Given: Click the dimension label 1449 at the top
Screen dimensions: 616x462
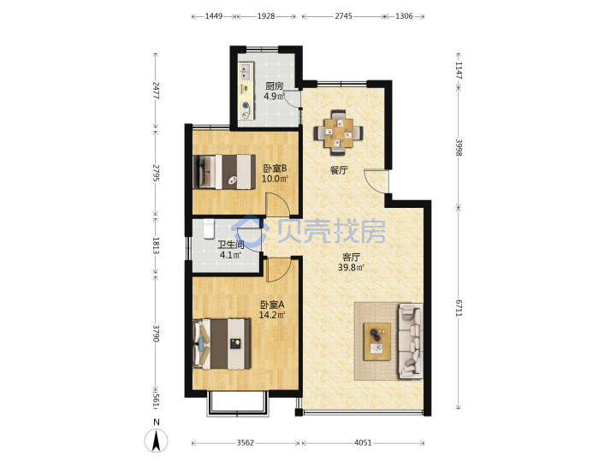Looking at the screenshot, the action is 214,16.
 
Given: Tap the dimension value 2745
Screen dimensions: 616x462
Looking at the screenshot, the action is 343,16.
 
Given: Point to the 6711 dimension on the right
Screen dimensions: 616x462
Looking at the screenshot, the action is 459,308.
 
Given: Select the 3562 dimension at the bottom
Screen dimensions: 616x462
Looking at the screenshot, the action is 246,443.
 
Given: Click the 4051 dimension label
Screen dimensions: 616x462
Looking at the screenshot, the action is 363,443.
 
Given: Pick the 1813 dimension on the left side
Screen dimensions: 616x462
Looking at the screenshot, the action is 156,246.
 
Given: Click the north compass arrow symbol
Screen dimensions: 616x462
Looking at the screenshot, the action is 156,441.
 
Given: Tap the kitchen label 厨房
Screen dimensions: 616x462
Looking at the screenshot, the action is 275,86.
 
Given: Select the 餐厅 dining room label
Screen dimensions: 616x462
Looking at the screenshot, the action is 339,170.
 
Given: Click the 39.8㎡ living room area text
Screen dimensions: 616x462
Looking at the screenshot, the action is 352,268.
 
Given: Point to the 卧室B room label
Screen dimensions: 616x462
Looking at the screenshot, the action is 275,169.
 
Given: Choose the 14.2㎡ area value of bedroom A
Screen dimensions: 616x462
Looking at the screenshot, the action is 272,315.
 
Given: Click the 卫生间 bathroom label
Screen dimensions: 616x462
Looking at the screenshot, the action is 231,245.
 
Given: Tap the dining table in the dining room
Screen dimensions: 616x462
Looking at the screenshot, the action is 338,133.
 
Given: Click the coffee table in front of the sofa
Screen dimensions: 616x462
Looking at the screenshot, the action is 377,341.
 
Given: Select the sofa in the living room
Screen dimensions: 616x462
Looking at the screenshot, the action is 411,341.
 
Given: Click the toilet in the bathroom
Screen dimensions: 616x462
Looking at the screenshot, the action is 209,229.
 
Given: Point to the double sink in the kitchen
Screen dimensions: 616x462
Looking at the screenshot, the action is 246,72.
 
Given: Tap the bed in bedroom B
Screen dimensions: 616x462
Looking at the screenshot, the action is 224,172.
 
